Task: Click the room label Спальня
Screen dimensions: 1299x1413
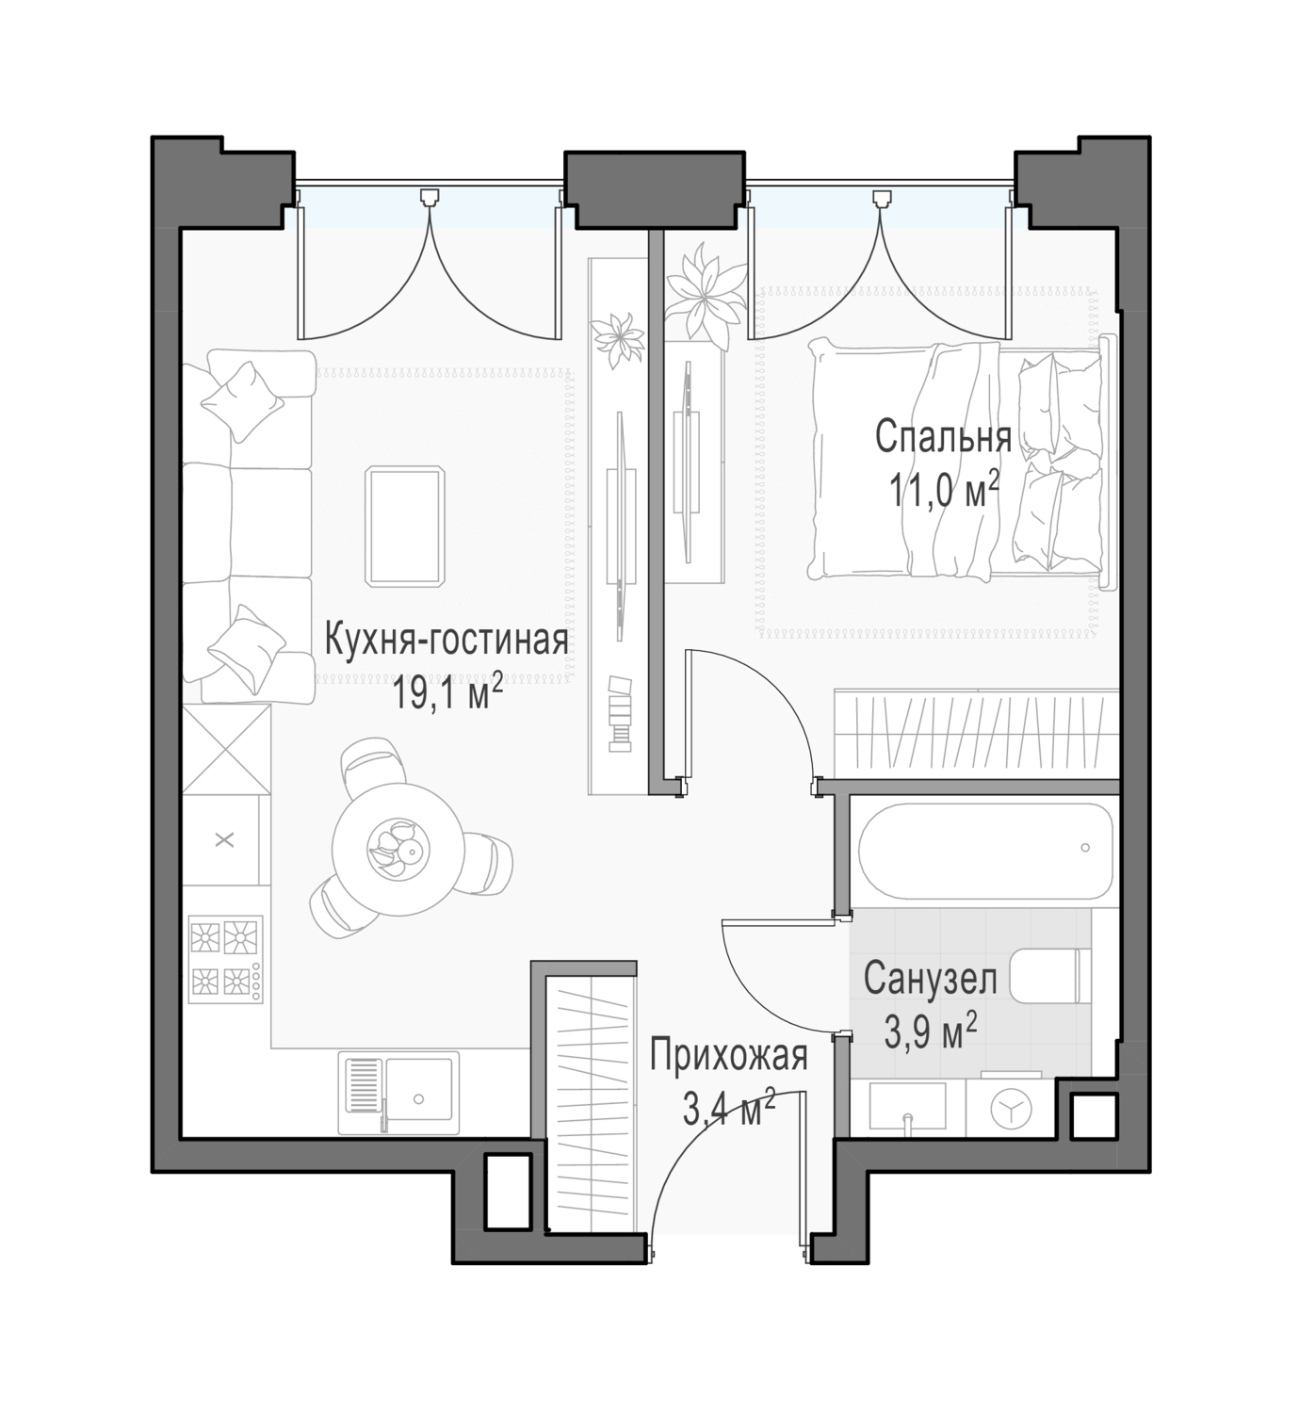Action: [x=943, y=437]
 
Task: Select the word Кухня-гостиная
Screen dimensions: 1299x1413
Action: [x=446, y=641]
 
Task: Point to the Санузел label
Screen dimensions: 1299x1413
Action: [x=930, y=979]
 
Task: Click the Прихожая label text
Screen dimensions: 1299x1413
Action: [x=728, y=1056]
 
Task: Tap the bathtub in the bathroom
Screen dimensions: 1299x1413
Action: [x=984, y=851]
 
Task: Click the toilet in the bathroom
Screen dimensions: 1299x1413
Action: [x=1049, y=975]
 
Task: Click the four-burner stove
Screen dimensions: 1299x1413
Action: [x=225, y=959]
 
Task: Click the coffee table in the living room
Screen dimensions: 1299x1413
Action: [x=405, y=526]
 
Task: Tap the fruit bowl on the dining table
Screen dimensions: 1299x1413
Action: [x=398, y=850]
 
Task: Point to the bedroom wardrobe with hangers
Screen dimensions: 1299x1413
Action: [x=976, y=734]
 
